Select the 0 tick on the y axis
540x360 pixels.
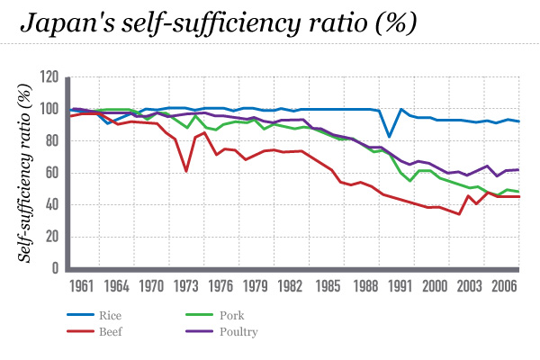[x=56, y=269]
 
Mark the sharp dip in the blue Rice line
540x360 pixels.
[x=389, y=137]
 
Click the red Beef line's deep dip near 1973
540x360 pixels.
[x=185, y=171]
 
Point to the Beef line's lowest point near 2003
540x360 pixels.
[x=459, y=214]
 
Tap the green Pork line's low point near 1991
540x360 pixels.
[x=411, y=181]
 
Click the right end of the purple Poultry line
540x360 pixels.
[x=519, y=169]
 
